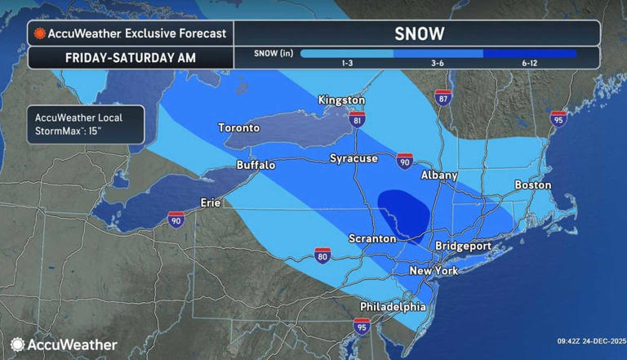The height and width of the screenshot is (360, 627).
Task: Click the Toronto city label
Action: [239, 128]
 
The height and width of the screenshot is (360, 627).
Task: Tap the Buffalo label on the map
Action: [256, 165]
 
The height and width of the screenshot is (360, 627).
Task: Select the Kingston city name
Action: [341, 100]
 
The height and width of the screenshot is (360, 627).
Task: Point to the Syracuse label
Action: [354, 158]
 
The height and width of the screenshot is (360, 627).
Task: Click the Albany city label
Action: [438, 176]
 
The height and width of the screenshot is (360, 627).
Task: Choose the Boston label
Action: [532, 185]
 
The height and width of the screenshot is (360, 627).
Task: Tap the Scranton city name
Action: [371, 239]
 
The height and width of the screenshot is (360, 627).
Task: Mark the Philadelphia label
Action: [393, 307]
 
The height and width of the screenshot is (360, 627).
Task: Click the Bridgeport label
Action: [463, 246]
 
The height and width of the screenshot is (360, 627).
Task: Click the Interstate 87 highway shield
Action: [443, 98]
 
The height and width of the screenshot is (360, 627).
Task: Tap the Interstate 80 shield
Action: [323, 256]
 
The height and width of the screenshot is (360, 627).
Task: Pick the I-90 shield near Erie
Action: [176, 219]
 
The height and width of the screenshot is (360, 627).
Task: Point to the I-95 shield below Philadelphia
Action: [361, 327]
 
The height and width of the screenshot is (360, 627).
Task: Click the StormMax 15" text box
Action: [84, 124]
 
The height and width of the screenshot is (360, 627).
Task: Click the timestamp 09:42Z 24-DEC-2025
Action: [591, 341]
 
